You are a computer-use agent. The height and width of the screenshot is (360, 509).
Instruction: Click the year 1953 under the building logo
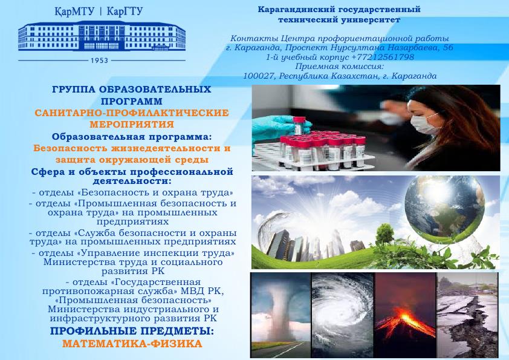99,61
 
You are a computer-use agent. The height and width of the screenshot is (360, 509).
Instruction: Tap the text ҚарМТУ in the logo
74,11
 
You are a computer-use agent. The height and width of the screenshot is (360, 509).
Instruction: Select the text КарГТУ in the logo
125,11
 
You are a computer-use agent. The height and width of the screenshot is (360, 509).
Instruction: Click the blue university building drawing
102,36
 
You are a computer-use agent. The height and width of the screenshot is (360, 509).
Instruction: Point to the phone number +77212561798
383,57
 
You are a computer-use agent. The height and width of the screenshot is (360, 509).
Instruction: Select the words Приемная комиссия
340,67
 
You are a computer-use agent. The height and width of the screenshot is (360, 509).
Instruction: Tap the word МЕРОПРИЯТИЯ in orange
132,125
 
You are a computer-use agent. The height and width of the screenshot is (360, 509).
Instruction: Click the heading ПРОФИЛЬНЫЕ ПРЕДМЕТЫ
132,331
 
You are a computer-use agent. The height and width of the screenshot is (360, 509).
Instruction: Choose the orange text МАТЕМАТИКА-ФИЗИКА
132,344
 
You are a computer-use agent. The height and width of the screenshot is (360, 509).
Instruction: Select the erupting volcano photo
406,315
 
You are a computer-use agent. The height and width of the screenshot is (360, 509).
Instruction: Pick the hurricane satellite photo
343,315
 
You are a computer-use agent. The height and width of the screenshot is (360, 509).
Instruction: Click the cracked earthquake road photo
467,315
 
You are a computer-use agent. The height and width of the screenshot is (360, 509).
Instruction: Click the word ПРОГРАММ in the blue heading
131,101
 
